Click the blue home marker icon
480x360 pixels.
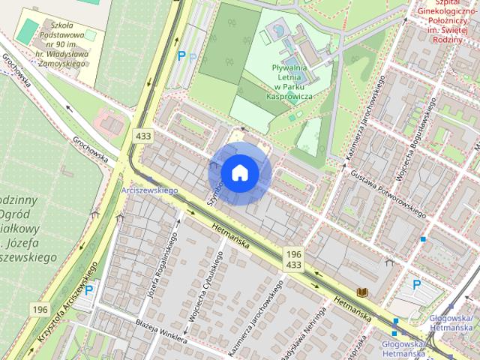pos(239,173)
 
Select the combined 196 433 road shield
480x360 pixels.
pos(293,260)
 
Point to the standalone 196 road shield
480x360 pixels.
pos(40,309)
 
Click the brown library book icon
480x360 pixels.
pos(363,291)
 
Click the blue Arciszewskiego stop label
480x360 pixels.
pos(148,191)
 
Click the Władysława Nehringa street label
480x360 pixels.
pos(308,334)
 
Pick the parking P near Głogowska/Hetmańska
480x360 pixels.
pos(417,286)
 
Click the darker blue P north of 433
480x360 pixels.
pos(181,55)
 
